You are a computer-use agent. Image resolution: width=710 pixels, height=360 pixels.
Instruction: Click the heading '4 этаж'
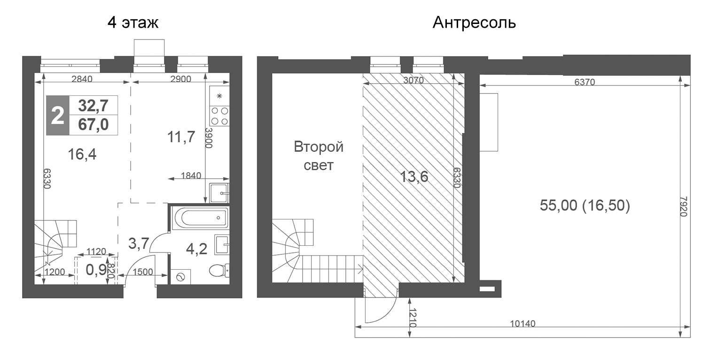pos(133,23)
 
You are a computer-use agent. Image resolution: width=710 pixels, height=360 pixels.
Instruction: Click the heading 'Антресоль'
pos(474,23)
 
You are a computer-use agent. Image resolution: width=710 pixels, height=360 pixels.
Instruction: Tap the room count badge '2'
pos(57,116)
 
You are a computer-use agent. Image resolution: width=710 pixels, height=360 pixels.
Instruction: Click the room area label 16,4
pos(82,154)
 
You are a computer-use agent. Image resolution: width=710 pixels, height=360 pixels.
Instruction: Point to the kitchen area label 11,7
pos(181,138)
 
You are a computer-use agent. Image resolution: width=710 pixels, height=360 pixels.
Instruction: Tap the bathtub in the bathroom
pos(199,218)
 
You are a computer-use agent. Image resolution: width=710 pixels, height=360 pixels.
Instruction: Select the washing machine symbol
pos(179,278)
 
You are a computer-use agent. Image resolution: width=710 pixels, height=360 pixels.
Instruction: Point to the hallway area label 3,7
pos(139,243)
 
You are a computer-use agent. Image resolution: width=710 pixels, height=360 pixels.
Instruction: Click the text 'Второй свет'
pos(319,156)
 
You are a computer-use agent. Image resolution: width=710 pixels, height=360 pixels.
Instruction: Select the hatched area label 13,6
pos(414,177)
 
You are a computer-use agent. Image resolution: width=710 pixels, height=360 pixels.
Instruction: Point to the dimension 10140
pos(523,323)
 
